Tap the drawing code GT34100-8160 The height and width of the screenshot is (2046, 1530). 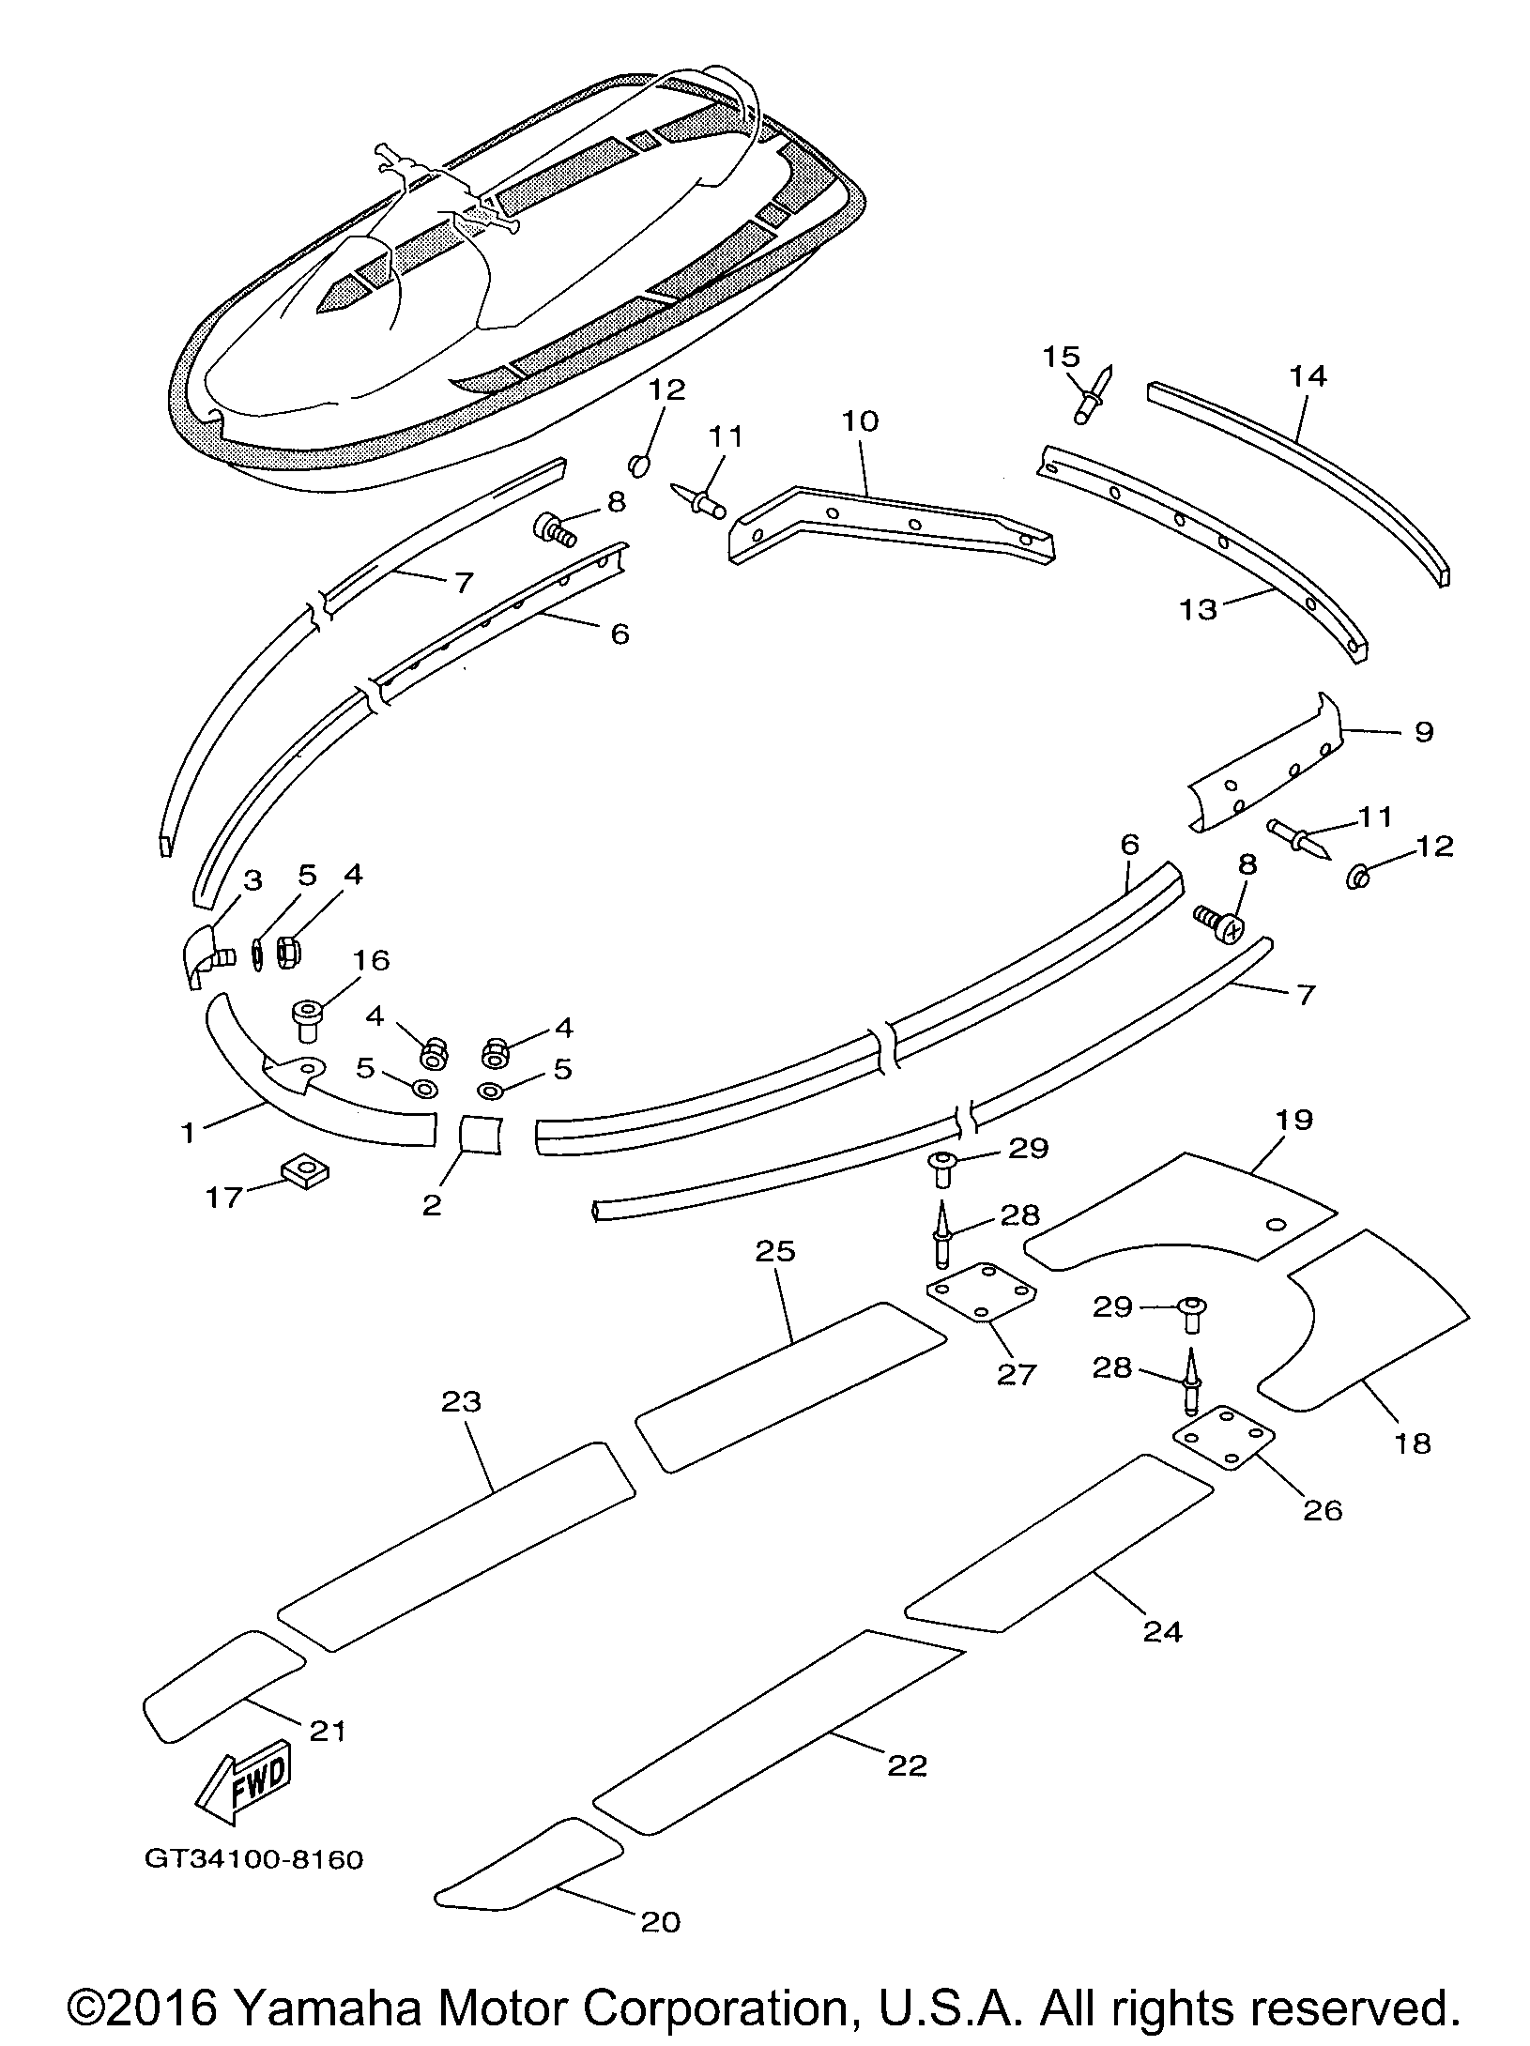(253, 1859)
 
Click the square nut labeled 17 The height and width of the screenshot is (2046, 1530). (304, 1168)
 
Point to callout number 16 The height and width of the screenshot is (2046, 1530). (372, 960)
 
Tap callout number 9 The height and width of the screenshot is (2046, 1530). (1423, 731)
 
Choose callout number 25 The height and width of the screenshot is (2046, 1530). (775, 1251)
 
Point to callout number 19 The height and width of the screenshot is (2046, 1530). (1294, 1121)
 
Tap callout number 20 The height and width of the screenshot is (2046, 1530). (660, 1921)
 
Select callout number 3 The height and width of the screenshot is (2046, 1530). (252, 880)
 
